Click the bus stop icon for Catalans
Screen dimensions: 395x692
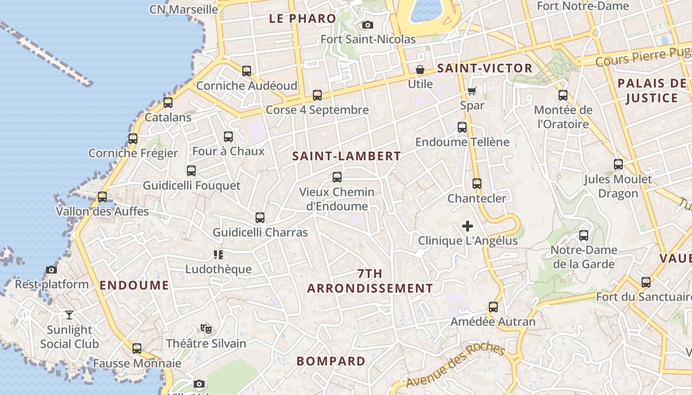coord(168,103)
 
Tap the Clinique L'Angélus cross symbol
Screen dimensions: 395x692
coord(468,226)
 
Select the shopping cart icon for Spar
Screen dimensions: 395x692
coord(472,91)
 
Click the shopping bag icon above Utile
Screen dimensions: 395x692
coord(420,70)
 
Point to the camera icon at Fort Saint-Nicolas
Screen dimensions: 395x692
coord(368,25)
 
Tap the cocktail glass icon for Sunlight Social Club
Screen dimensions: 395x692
coord(69,315)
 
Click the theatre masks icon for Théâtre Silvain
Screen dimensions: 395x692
coord(206,328)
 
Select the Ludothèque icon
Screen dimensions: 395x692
coord(218,255)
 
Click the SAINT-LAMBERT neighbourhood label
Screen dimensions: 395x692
coord(346,157)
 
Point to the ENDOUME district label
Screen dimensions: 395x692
coord(134,285)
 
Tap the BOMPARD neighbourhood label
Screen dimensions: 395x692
coord(331,361)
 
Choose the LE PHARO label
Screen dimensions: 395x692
coord(303,19)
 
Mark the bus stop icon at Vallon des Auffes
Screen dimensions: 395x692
coord(102,197)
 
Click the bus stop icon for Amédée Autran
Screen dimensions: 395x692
coord(493,307)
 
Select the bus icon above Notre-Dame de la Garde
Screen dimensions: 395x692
coord(584,235)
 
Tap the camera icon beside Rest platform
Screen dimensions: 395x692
coord(51,270)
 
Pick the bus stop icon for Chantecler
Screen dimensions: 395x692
coord(477,184)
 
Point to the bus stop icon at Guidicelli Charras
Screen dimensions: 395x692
coord(260,217)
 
